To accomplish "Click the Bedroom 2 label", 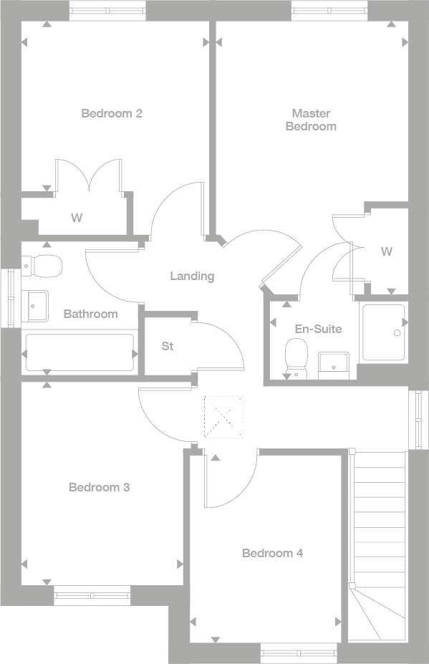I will point(111,113).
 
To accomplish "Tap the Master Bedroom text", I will point(311,120).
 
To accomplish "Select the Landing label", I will point(192,276).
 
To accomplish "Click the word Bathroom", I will point(90,314).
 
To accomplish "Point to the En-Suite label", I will point(318,329).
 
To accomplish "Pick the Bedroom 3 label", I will point(99,487).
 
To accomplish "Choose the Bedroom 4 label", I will point(272,553).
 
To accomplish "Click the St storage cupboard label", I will point(168,347).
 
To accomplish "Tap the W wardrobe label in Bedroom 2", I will point(76,218).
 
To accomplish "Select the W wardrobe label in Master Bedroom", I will point(387,251).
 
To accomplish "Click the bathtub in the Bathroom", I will point(79,353).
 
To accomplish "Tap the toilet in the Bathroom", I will point(44,266).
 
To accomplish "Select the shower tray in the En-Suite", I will point(383,333).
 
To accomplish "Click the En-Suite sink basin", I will point(334,364).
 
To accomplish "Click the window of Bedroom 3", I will point(92,592).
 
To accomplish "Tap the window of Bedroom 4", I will point(298,652).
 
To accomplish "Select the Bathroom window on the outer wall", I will point(9,298).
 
